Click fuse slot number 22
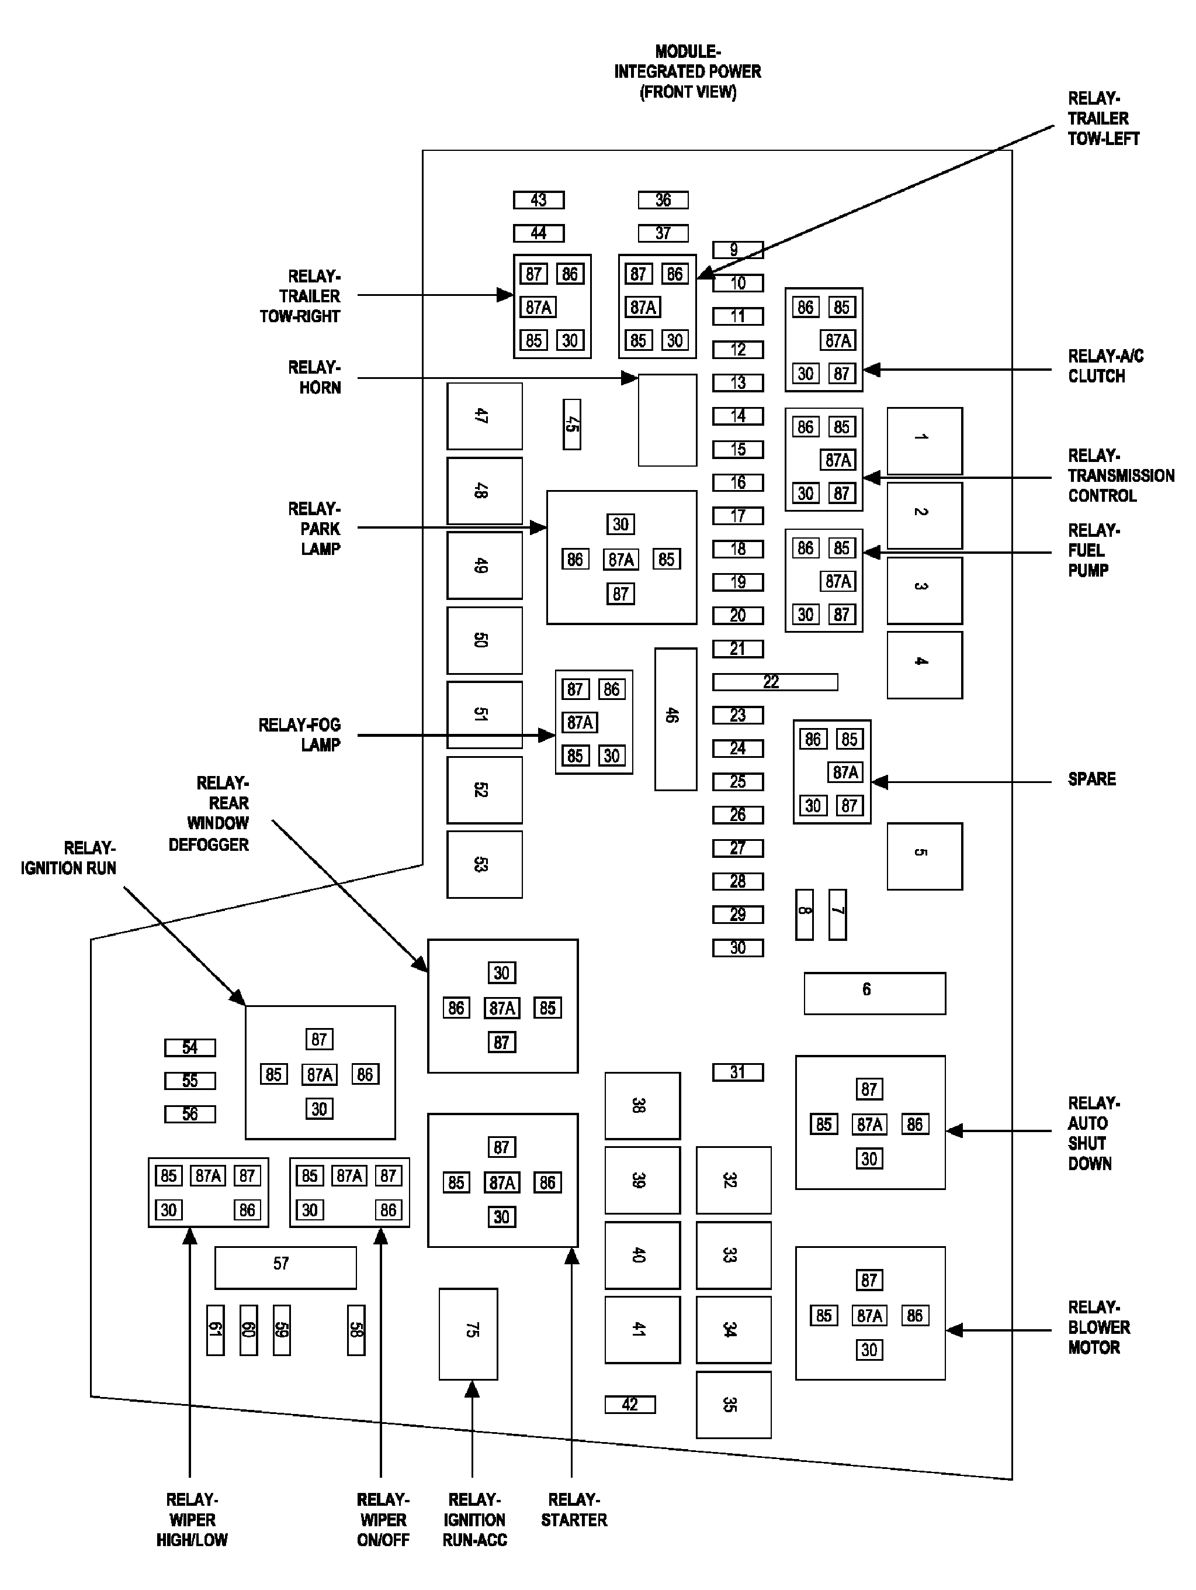pyautogui.click(x=774, y=681)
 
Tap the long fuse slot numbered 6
pyautogui.click(x=874, y=993)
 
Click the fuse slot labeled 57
pyautogui.click(x=285, y=1267)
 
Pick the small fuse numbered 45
pyautogui.click(x=572, y=425)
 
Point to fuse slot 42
pyautogui.click(x=630, y=1404)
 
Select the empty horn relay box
pyautogui.click(x=667, y=420)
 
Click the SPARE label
pyautogui.click(x=1091, y=779)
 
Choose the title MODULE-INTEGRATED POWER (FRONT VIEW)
pyautogui.click(x=688, y=72)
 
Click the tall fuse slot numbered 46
pyautogui.click(x=675, y=719)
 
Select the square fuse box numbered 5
pyautogui.click(x=924, y=856)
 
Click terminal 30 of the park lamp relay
pyautogui.click(x=620, y=524)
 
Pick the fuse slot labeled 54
pyautogui.click(x=190, y=1047)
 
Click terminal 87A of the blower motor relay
pyautogui.click(x=869, y=1315)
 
